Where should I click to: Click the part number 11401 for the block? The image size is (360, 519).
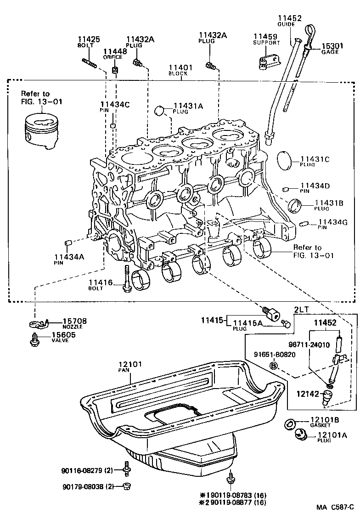click(x=180, y=67)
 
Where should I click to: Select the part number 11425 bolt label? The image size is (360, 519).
click(x=88, y=40)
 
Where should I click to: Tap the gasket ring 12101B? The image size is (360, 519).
click(x=290, y=423)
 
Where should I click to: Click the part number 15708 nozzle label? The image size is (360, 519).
click(x=74, y=321)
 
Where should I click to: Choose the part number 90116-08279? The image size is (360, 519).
click(x=83, y=470)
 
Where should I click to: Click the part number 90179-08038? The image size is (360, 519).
click(x=83, y=486)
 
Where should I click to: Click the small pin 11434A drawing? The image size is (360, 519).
click(x=67, y=243)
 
